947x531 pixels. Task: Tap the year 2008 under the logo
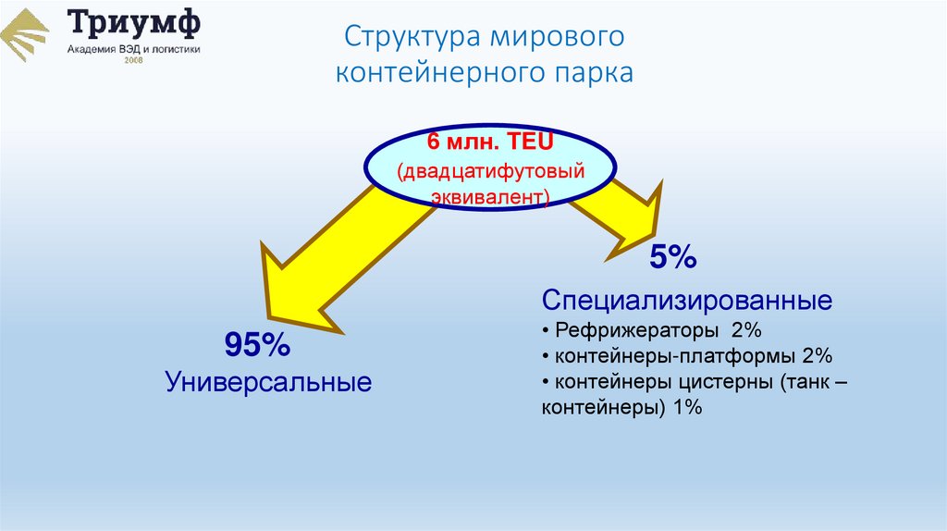134,61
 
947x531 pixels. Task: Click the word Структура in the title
407,39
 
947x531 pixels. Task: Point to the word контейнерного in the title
443,73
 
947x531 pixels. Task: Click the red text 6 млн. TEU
489,143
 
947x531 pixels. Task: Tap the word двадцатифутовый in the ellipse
492,171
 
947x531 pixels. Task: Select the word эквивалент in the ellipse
487,197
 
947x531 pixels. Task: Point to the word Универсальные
268,381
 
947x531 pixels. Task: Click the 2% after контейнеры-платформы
818,356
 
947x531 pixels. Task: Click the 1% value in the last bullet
687,407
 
